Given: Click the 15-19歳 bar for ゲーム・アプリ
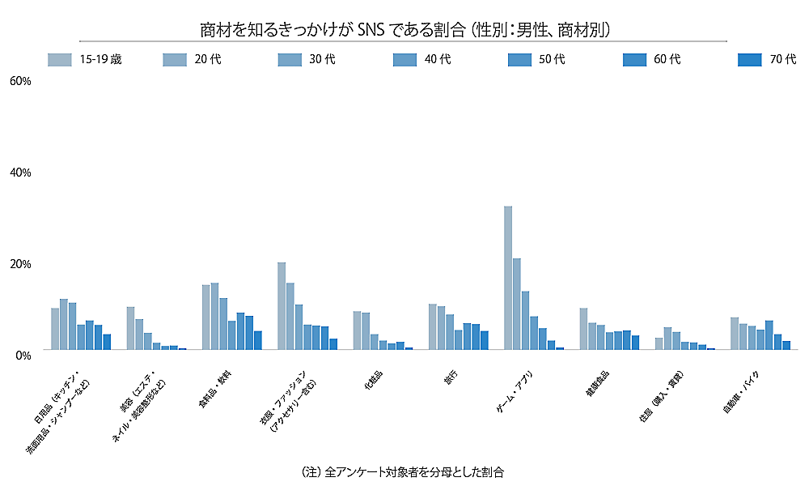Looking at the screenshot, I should point(508,278).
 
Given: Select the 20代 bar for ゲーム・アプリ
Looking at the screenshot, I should point(517,304).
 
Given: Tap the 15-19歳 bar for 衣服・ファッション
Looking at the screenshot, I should point(282,305).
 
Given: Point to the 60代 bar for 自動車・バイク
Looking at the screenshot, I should point(777,341).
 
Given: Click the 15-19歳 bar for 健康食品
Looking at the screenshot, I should point(583,328).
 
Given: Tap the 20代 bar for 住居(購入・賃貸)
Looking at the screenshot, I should point(667,338).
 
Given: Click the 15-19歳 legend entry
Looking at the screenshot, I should point(86,59).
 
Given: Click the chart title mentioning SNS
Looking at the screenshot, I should point(404,30).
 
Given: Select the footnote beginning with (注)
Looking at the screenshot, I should point(402,471).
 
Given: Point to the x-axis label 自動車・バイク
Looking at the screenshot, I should point(742,394).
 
